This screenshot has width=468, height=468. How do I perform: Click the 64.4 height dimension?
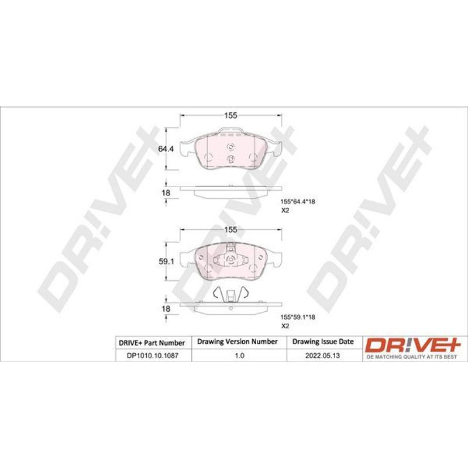pyautogui.click(x=166, y=149)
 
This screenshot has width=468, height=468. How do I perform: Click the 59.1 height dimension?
pyautogui.click(x=167, y=261)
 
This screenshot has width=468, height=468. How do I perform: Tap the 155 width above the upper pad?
pyautogui.click(x=230, y=115)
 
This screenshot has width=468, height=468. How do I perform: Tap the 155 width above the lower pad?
pyautogui.click(x=230, y=229)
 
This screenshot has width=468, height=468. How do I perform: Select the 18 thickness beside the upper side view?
pyautogui.click(x=166, y=193)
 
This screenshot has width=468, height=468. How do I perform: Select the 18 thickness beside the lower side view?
pyautogui.click(x=166, y=309)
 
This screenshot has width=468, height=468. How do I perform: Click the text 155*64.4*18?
pyautogui.click(x=298, y=201)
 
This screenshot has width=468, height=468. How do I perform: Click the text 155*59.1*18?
pyautogui.click(x=298, y=317)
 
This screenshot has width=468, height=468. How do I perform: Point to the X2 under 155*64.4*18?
pyautogui.click(x=285, y=211)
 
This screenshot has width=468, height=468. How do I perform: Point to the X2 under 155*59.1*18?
pyautogui.click(x=285, y=326)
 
